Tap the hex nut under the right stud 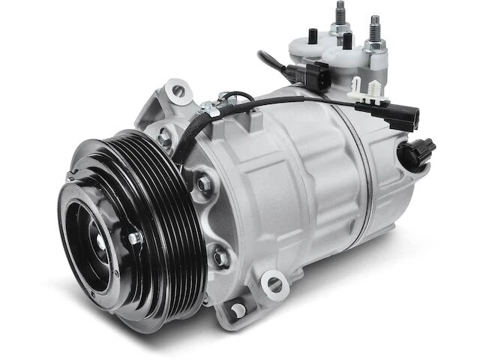click(373, 46)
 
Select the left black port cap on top click(313, 35)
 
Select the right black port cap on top click(348, 40)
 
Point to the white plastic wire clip click(364, 91)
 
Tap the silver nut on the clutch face click(134, 238)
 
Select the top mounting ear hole click(178, 91)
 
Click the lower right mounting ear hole click(274, 285)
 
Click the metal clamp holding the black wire click(211, 110)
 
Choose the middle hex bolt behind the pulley click(204, 182)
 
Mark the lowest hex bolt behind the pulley click(220, 257)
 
